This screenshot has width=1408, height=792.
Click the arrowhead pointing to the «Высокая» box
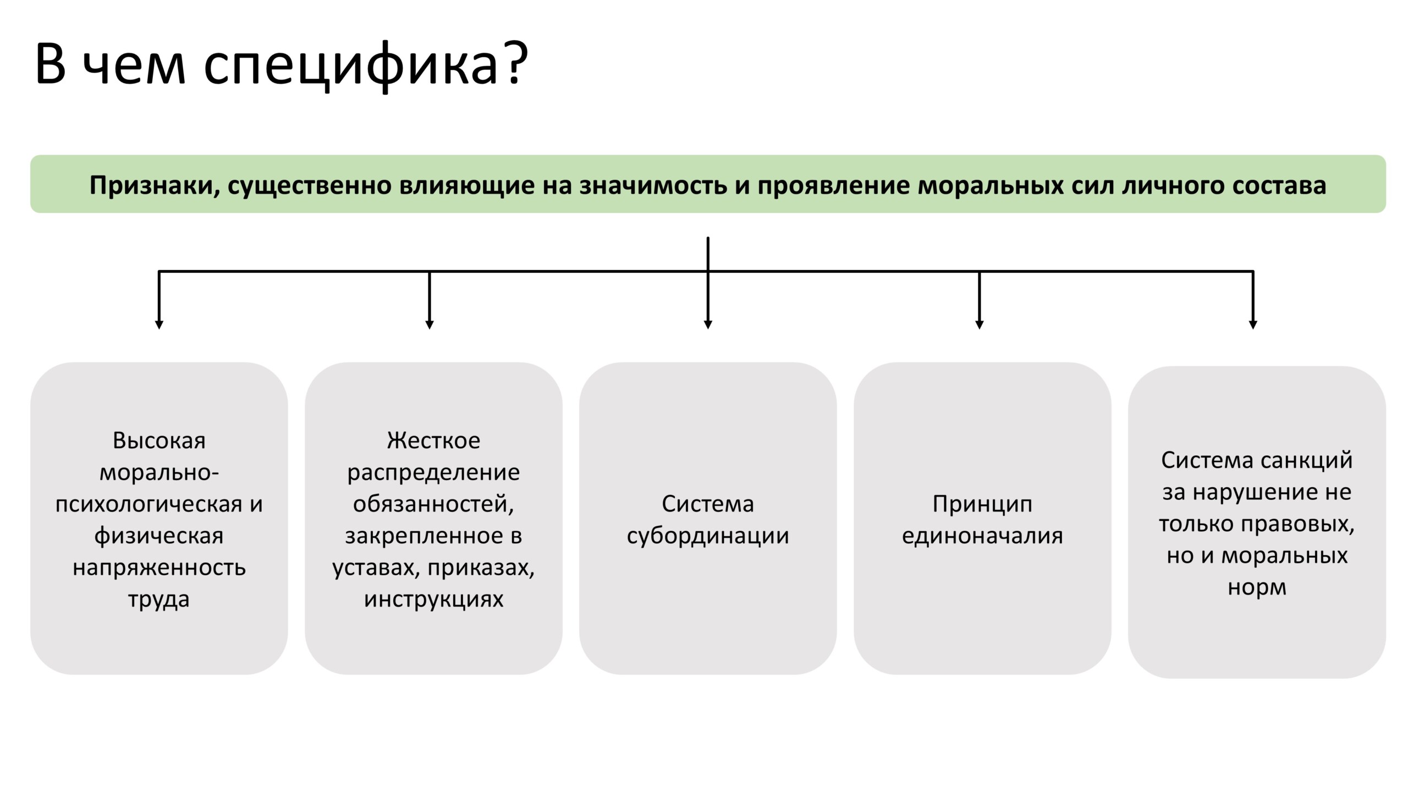pyautogui.click(x=159, y=325)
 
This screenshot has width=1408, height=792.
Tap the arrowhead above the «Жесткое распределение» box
pyautogui.click(x=430, y=325)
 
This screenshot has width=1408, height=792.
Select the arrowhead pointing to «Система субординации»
pyautogui.click(x=708, y=325)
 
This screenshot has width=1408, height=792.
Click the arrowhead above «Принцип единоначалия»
pyautogui.click(x=979, y=325)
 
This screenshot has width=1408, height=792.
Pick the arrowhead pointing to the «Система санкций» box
pyautogui.click(x=1253, y=325)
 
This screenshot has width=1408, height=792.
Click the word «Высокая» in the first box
pyautogui.click(x=159, y=441)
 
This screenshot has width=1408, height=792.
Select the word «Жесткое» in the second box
pyautogui.click(x=433, y=441)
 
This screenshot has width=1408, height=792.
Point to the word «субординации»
pyautogui.click(x=708, y=536)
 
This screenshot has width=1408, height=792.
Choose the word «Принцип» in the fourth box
pyautogui.click(x=982, y=504)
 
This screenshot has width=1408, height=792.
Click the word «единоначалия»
pyautogui.click(x=982, y=536)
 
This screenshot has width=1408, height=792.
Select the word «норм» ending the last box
pyautogui.click(x=1257, y=588)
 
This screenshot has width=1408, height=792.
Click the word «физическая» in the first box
pyautogui.click(x=159, y=536)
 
